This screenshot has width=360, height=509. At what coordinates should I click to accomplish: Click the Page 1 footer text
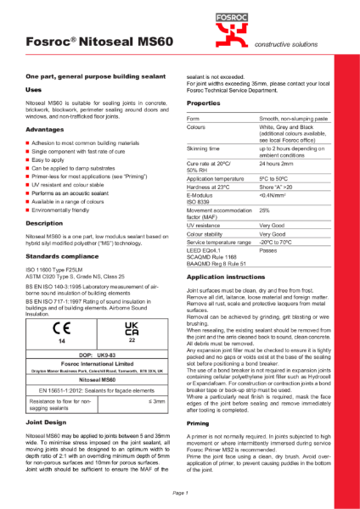[x=180, y=492]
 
